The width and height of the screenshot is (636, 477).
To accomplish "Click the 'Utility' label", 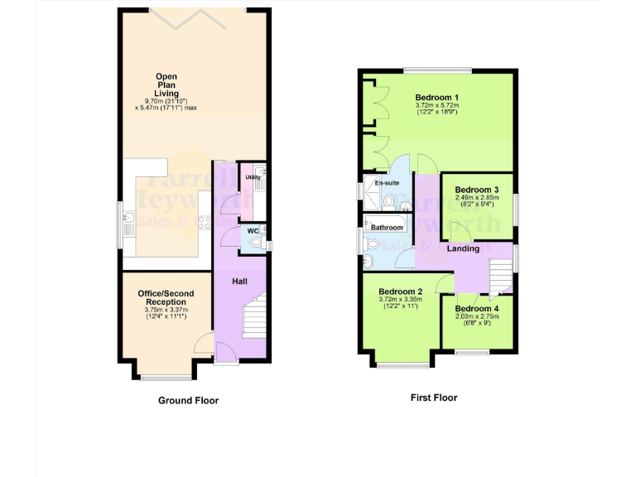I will pos(253,177).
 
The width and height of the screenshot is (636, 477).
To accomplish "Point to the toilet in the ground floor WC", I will pos(261,243).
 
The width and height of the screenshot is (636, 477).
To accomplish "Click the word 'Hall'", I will pos(239,282).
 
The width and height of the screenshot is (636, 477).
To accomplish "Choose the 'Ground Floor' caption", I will pos(188,401).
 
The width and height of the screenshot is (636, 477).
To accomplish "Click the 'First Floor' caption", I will pos(434,397).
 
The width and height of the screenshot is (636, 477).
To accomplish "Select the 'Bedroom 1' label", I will pos(437,97).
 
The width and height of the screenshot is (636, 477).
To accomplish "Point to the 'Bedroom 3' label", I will pos(476,188).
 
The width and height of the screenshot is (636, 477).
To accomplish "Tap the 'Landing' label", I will pos(464,248).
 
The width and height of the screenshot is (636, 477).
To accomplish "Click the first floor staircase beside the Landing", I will pos(500,277).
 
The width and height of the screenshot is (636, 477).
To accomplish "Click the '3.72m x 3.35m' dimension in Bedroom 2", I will pos(401,300).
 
